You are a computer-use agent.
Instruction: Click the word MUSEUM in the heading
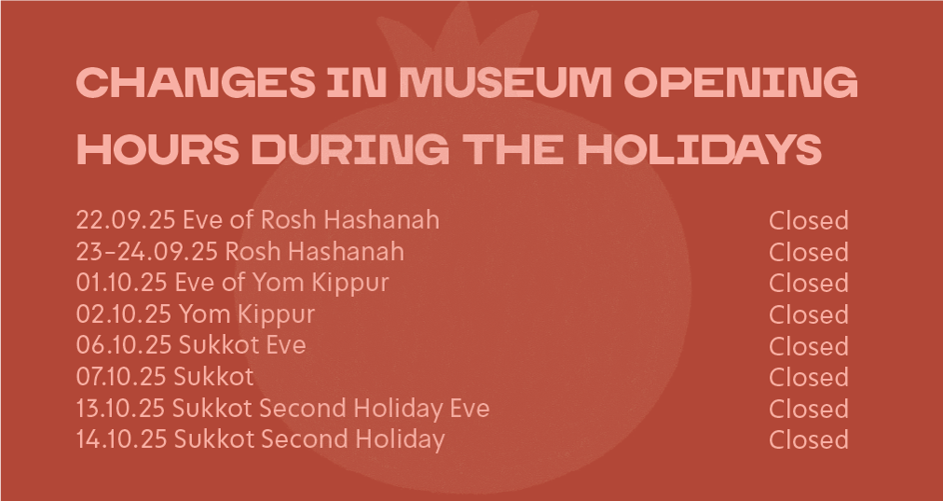click(505, 82)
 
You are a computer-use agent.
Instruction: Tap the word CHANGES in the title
click(196, 82)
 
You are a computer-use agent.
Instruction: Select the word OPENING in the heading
click(740, 82)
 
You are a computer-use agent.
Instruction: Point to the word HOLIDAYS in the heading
click(700, 148)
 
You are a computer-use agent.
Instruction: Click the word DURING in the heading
click(350, 148)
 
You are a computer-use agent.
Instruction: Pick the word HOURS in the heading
click(157, 148)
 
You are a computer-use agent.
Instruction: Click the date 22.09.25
click(126, 220)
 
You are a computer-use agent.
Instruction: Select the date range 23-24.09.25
click(146, 251)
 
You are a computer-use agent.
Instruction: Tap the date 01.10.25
click(121, 283)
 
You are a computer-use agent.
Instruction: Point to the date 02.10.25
click(124, 313)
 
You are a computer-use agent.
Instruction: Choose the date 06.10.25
click(124, 345)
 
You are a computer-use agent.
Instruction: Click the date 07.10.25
click(121, 376)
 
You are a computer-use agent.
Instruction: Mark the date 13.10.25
click(120, 408)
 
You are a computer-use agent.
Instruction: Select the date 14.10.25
click(121, 439)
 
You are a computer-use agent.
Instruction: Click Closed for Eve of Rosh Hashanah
click(808, 220)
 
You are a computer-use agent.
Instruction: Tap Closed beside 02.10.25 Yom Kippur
click(808, 314)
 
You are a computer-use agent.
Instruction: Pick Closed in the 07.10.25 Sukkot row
click(808, 377)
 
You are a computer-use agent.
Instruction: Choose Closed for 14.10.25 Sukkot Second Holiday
click(808, 439)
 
